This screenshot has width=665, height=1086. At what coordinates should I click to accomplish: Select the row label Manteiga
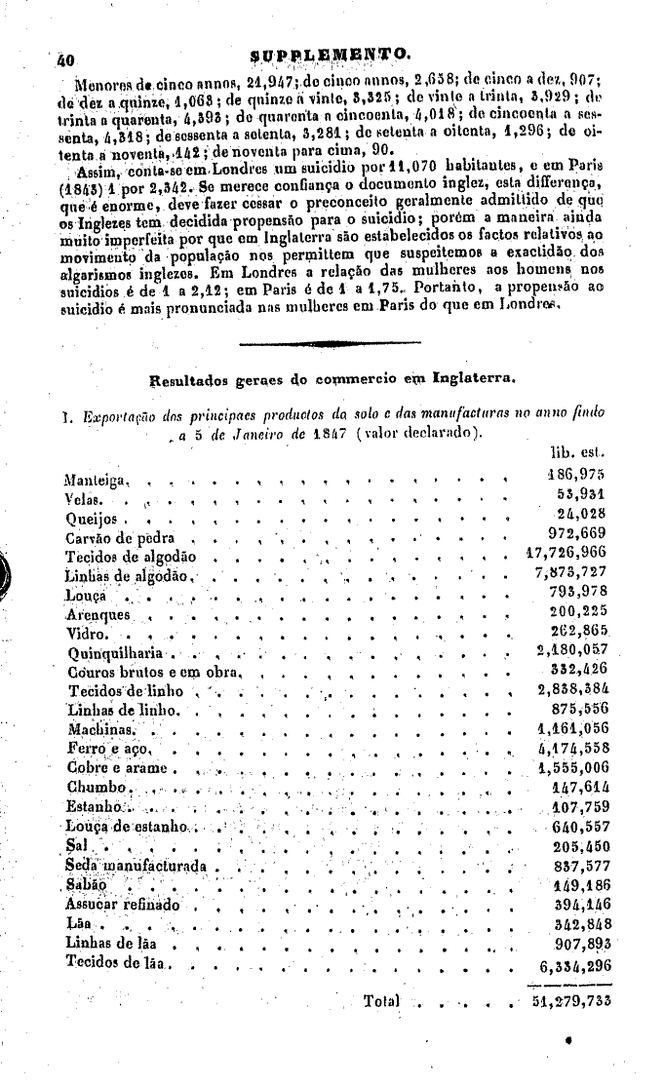90,481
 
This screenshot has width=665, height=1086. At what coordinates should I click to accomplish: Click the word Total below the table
381,1001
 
